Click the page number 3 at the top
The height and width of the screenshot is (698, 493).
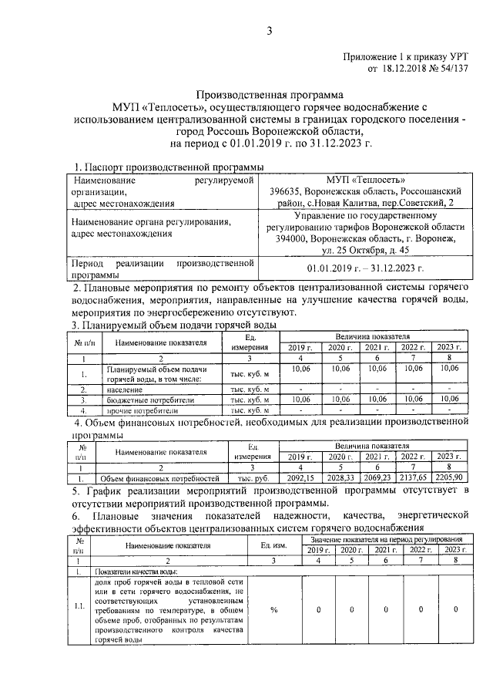coord(270,31)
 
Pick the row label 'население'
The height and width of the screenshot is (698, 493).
coord(125,390)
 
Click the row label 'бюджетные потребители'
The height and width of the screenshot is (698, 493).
coord(147,400)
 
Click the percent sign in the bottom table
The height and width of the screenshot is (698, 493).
coord(273,609)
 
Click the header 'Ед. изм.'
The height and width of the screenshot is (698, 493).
coord(273,544)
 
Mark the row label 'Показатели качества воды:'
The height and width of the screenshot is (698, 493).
coord(137,572)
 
